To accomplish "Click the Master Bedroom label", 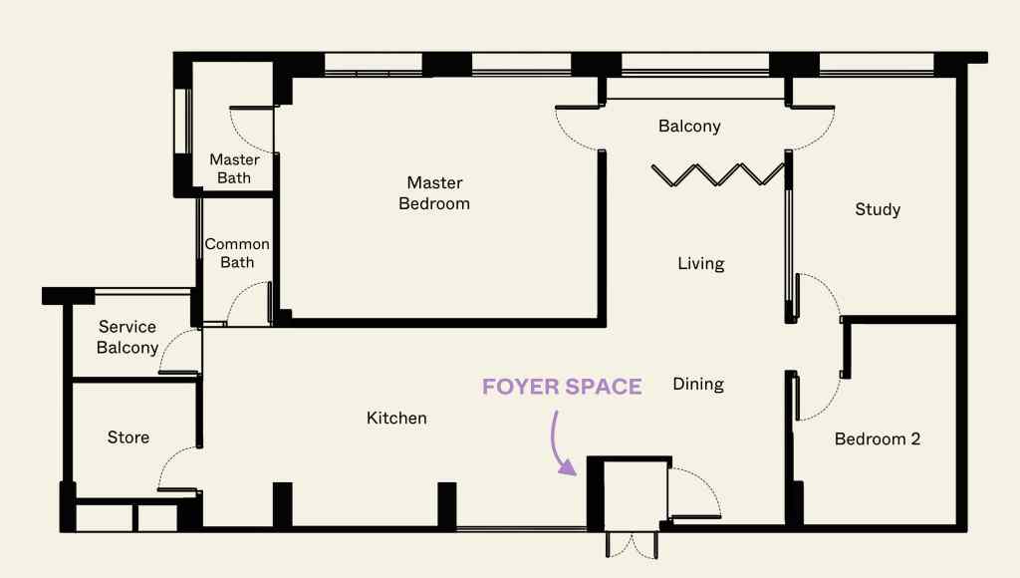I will pos(434,193).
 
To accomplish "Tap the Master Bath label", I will pos(234,168).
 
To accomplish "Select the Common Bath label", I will pos(237,253).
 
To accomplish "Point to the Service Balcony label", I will pos(127,337).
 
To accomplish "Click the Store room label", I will pos(127,437).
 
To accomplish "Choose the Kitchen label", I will pos(396,419).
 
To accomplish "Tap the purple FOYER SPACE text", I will pos(562,387).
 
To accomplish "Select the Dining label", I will pos(697,384).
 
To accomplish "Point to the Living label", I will pos(700,264).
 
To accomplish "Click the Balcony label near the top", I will pos(689,127).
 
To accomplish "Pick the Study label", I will pos(878,209).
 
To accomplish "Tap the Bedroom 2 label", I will pos(878,438).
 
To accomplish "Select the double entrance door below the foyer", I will pos(632,544).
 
